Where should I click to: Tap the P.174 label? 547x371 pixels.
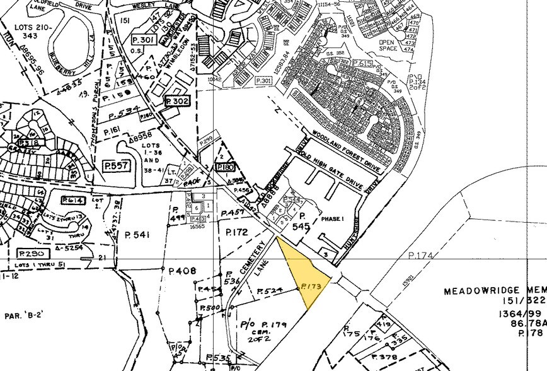(x=420, y=255)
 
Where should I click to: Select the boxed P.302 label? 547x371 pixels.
(x=176, y=100)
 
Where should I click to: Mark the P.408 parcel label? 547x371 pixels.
(x=183, y=271)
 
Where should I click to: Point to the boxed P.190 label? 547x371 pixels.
(x=225, y=167)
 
